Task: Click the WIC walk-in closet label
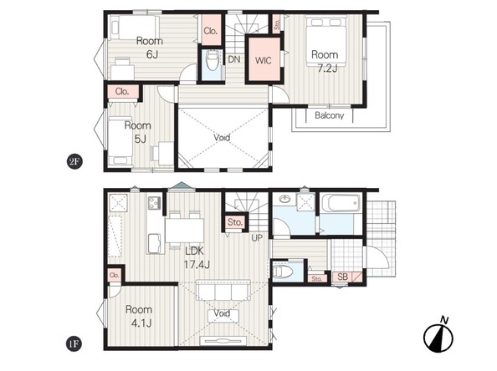coord(263,60)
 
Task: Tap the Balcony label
coord(330,115)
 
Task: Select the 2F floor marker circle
coord(74,162)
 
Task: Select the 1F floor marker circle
coord(74,343)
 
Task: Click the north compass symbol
coord(438,336)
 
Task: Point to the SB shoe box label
coord(342,277)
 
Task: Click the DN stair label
coord(234,59)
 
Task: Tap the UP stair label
coord(257,238)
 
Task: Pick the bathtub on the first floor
coord(341,203)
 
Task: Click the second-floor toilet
coord(212,60)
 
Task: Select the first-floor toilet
coord(281,272)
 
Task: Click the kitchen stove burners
coord(155,202)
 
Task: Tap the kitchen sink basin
coord(156,242)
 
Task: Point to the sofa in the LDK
coord(223,290)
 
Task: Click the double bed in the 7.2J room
coord(326,40)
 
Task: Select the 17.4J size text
coord(197,264)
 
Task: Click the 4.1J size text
coord(141,323)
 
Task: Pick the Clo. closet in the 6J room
coord(211,30)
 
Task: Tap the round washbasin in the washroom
coord(285,200)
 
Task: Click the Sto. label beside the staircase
coord(235,222)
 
